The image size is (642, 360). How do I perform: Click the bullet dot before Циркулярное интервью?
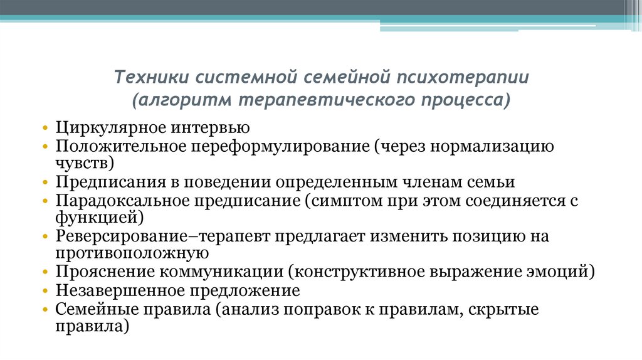tap(46, 129)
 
